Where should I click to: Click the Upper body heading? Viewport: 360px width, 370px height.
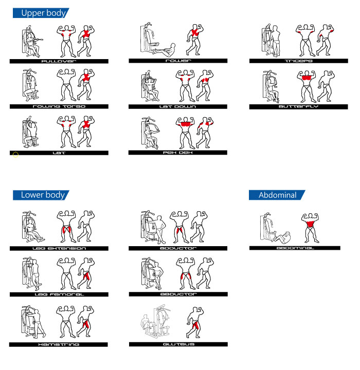[41, 13]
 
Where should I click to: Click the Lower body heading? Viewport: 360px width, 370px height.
[41, 195]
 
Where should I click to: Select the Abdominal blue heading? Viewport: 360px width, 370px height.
[277, 195]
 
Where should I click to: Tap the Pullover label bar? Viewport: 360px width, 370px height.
[59, 61]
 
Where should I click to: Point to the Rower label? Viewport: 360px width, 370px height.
[178, 61]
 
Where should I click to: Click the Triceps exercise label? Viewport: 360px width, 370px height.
[299, 61]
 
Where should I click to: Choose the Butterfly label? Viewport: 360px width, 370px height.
[299, 107]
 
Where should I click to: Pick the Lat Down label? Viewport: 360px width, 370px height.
[177, 107]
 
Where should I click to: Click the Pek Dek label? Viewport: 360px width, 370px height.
[177, 153]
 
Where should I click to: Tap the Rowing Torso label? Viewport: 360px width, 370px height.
[59, 107]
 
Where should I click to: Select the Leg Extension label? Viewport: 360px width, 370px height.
[59, 249]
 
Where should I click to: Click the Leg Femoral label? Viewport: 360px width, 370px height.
[59, 294]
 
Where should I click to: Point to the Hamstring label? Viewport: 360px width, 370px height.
[58, 344]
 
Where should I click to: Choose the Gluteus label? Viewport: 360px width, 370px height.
[178, 344]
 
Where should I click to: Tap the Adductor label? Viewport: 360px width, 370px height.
[178, 248]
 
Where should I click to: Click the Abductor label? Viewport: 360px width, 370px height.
[178, 294]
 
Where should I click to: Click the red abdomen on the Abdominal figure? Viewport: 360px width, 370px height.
[310, 224]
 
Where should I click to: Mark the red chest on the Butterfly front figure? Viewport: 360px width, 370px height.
[307, 78]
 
